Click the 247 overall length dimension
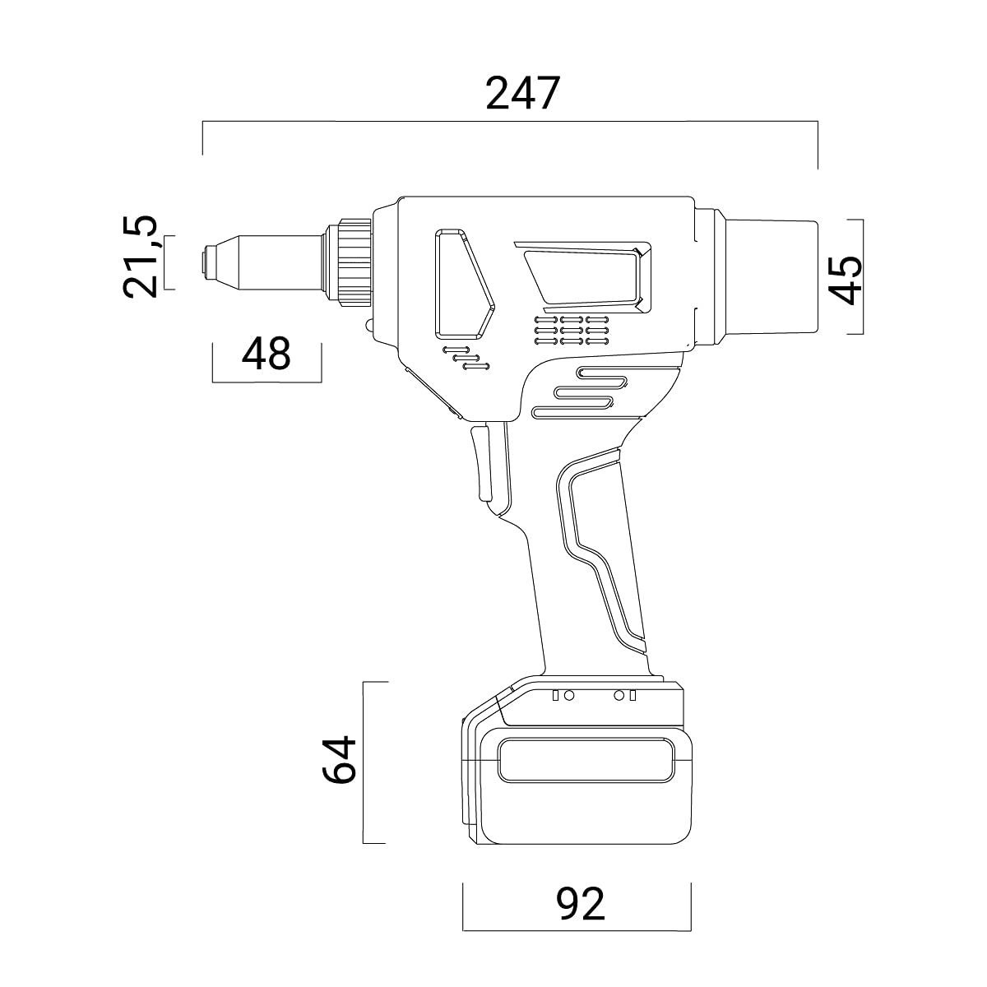click(x=523, y=93)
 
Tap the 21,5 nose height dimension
click(x=140, y=257)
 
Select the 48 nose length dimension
click(x=266, y=354)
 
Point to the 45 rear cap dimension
click(x=846, y=280)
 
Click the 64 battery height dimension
click(x=339, y=760)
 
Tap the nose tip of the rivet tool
click(x=206, y=262)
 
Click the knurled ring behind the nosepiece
click(x=354, y=262)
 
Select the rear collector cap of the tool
click(x=771, y=276)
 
